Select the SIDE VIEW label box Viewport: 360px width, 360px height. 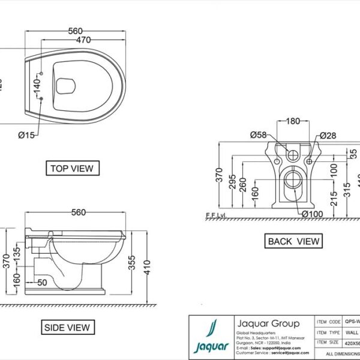tap(67, 327)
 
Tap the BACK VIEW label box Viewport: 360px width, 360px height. tap(293, 241)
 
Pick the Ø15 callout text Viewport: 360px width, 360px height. tap(26, 134)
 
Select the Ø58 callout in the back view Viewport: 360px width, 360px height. tap(257, 135)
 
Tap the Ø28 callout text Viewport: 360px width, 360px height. tap(328, 135)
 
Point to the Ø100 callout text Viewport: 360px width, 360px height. tap(313, 214)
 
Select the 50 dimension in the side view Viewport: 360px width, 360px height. tap(42, 281)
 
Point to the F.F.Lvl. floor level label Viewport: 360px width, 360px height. tap(215, 215)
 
